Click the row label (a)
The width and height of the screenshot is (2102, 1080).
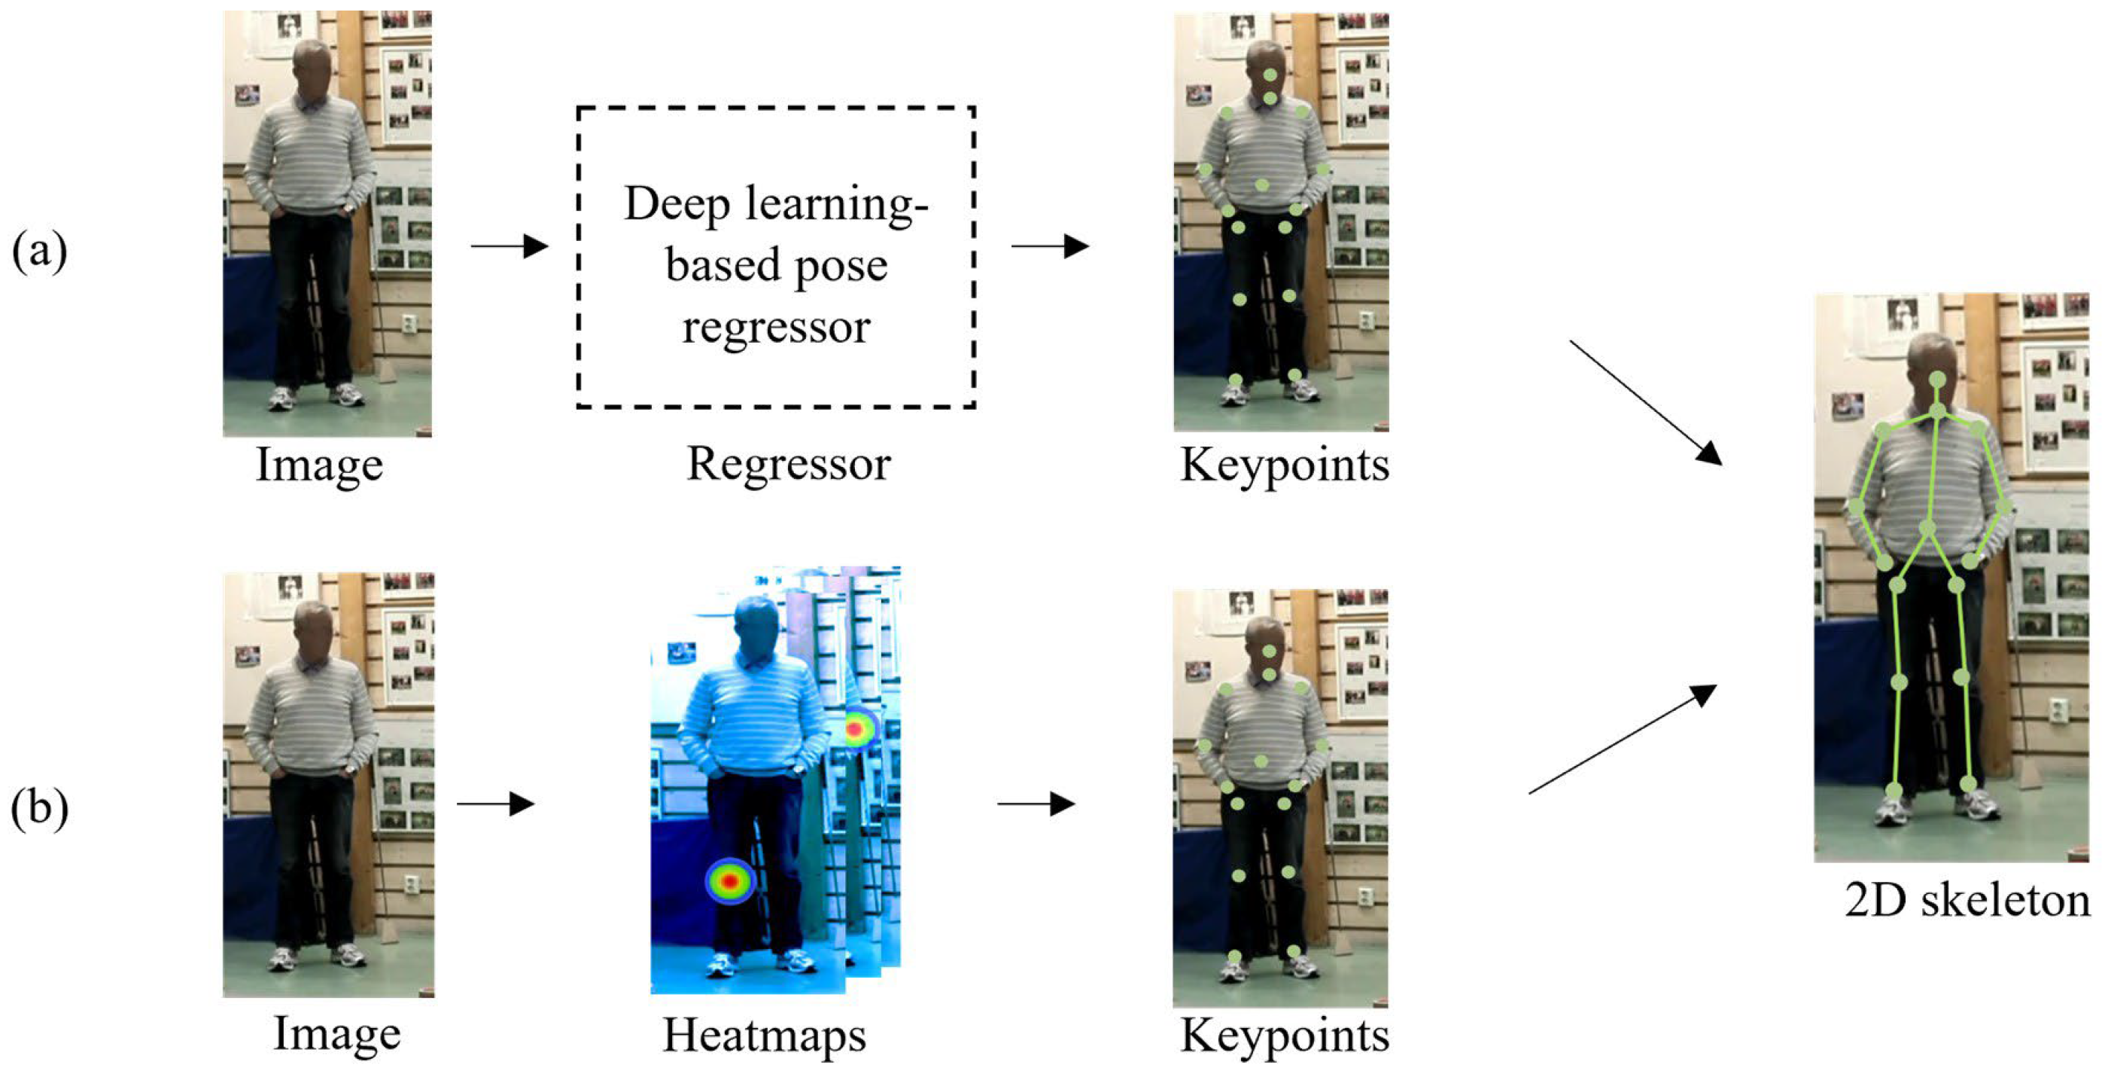pos(38,250)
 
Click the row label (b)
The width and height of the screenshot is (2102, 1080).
pos(38,808)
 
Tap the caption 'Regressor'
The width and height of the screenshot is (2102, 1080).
pos(787,465)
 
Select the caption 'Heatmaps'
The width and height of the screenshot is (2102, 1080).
pos(764,1035)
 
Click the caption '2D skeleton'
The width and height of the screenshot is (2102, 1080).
pos(1967,901)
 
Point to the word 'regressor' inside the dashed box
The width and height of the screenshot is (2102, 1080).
pos(776,327)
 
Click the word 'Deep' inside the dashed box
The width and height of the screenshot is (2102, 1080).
pos(677,204)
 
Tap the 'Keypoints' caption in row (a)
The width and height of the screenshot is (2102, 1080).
pos(1285,465)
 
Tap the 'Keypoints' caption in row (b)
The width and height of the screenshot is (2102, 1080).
pos(1285,1035)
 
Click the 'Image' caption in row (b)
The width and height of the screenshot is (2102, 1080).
pos(336,1033)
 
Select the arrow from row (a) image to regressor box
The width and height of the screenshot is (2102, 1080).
pos(510,246)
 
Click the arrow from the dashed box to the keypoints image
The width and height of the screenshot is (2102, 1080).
pos(1050,246)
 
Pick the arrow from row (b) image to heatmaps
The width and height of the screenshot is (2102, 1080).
pos(495,804)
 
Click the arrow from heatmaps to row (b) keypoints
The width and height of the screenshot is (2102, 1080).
pos(1036,804)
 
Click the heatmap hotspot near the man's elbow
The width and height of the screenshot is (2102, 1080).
pos(856,728)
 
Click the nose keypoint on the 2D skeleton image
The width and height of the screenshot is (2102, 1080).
pos(1937,380)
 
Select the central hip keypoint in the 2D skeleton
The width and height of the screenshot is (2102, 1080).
pos(1927,529)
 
